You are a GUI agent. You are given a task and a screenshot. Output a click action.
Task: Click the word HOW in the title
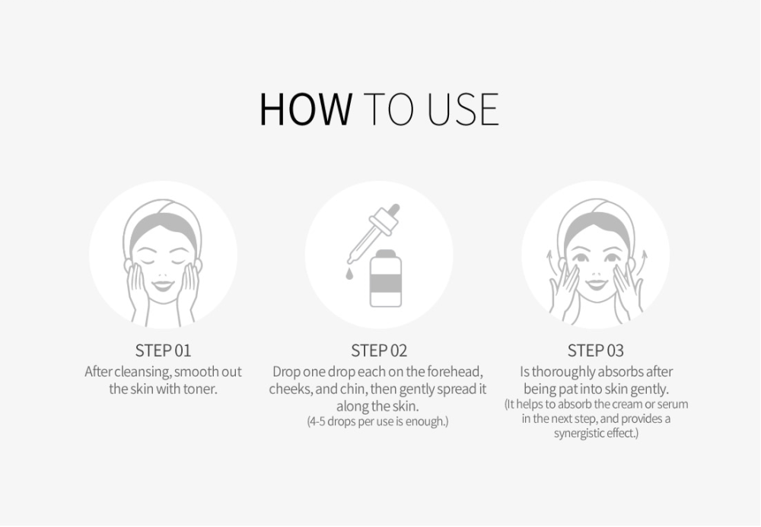tap(306, 109)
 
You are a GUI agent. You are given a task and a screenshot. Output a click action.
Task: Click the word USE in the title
tap(463, 109)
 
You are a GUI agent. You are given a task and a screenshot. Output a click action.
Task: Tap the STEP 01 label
tap(163, 351)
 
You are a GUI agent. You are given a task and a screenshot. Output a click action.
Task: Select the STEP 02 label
tap(379, 351)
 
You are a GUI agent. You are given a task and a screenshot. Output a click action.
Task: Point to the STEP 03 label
tap(596, 351)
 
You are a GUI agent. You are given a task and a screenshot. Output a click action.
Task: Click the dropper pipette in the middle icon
tap(374, 233)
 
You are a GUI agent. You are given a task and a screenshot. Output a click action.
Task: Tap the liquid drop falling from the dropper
tap(349, 275)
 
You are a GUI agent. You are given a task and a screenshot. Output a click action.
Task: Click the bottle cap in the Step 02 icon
tap(386, 253)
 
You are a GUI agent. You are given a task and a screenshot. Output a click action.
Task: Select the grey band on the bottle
tap(386, 283)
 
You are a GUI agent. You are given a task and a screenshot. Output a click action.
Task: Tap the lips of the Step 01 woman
tap(163, 285)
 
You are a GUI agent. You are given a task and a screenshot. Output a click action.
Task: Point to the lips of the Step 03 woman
tap(596, 283)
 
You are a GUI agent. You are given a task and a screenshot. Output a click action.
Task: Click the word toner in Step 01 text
tap(199, 389)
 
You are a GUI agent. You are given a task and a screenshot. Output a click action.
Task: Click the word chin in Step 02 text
tap(353, 389)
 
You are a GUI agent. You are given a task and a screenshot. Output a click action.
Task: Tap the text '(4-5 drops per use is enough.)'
tap(377, 421)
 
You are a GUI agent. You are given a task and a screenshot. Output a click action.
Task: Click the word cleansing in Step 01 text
tap(143, 373)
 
